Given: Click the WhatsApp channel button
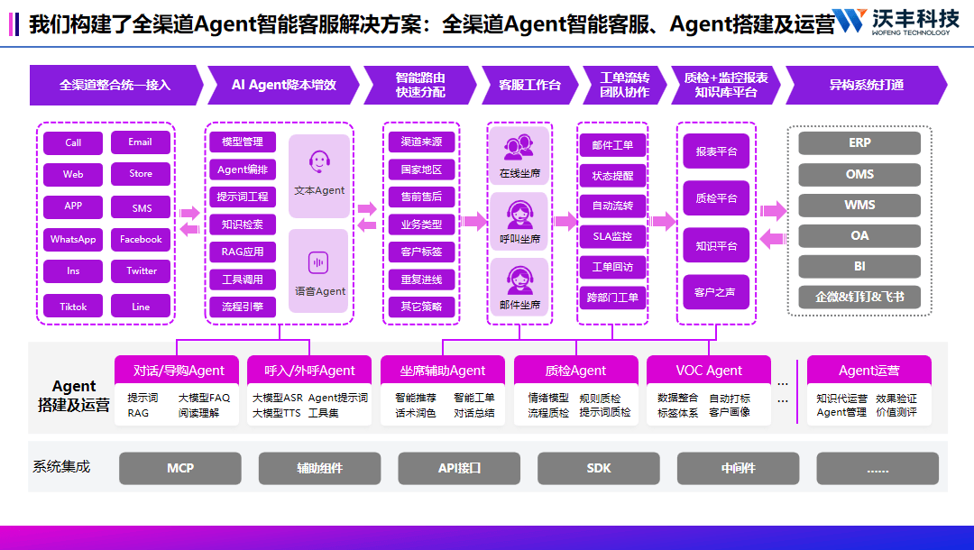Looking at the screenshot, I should click(73, 240).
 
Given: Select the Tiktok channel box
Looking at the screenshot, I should click(73, 307).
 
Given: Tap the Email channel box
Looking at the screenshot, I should click(141, 142).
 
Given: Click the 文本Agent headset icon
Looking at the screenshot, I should click(318, 162).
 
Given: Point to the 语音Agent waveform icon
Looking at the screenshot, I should click(318, 262).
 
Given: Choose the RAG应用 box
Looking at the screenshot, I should click(243, 252).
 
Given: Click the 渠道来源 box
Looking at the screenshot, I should click(421, 142).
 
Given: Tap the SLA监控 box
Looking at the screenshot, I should click(612, 237).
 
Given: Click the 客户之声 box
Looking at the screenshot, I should click(715, 292).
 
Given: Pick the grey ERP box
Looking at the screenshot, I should click(859, 143).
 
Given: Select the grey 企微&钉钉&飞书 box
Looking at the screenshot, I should click(859, 297).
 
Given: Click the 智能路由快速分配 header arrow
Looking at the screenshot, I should click(420, 85).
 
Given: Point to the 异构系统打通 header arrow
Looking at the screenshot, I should click(866, 85).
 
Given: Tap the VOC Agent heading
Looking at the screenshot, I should click(709, 371).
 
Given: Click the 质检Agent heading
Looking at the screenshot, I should click(576, 371).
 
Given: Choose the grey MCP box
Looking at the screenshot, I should click(180, 469).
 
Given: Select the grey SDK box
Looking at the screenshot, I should click(599, 469).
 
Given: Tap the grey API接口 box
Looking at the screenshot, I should click(459, 469).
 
